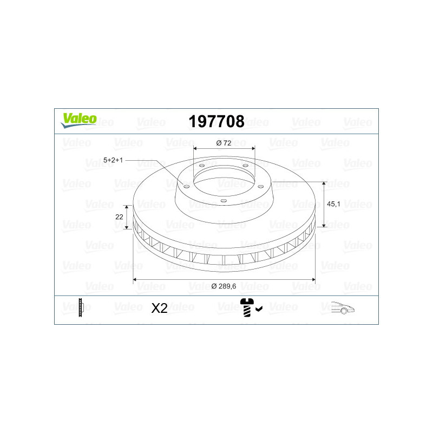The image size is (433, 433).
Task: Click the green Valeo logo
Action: [x=78, y=120]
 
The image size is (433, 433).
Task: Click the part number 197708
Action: [x=216, y=121]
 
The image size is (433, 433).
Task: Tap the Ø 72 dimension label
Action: [x=224, y=143]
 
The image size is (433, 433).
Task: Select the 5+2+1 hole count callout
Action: [x=113, y=160]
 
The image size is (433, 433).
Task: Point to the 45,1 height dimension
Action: [x=333, y=204]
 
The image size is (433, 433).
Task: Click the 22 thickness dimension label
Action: [x=119, y=217]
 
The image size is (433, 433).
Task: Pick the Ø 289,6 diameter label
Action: [x=224, y=286]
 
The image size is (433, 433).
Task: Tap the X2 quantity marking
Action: [x=159, y=308]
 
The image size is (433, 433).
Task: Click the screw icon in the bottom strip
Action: [x=247, y=307]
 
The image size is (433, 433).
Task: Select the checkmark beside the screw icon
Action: [x=259, y=309]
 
